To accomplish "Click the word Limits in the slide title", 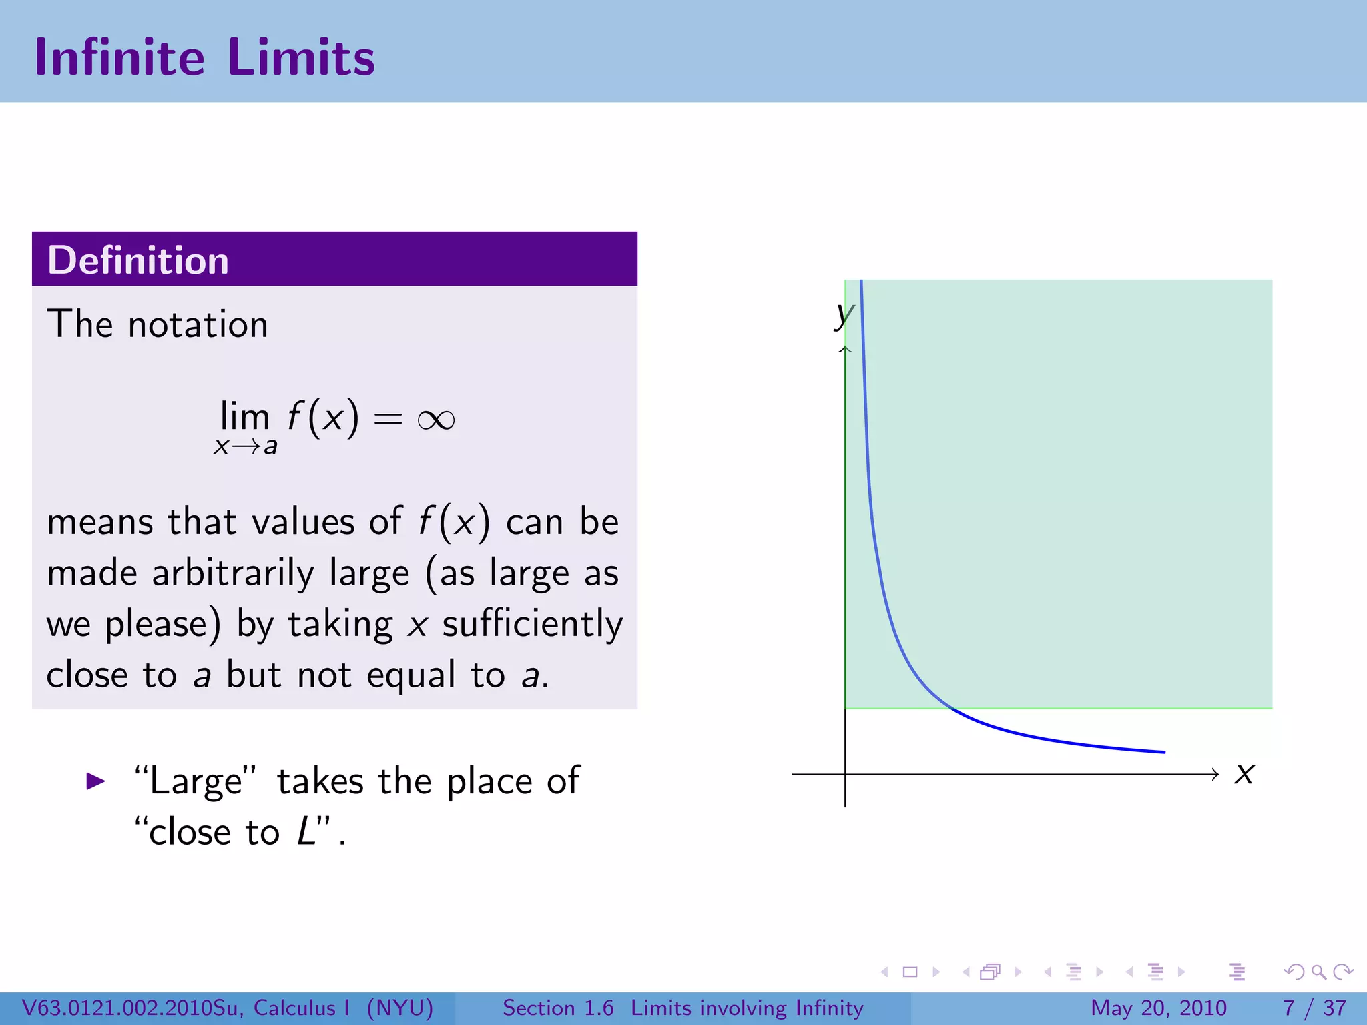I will coord(301,57).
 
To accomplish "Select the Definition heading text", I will coord(138,260).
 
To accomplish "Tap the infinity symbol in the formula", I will coord(436,420).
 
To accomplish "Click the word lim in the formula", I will coord(244,416).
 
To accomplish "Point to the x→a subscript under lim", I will coord(245,446).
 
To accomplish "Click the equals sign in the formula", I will coord(388,420).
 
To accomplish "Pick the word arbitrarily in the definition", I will coord(233,573).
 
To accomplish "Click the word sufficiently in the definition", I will coord(532,625).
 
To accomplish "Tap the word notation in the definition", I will coord(198,325).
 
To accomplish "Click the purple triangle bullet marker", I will coord(96,781).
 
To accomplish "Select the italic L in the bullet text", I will coord(306,832).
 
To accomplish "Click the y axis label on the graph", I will coord(844,313).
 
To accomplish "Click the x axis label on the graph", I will coord(1244,774).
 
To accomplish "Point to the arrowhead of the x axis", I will coord(1215,774).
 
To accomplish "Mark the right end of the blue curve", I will coord(1164,752).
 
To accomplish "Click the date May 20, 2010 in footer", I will coord(1158,1008).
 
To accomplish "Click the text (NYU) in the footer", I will coord(400,1008).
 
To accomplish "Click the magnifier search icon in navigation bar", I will coord(1318,972).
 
